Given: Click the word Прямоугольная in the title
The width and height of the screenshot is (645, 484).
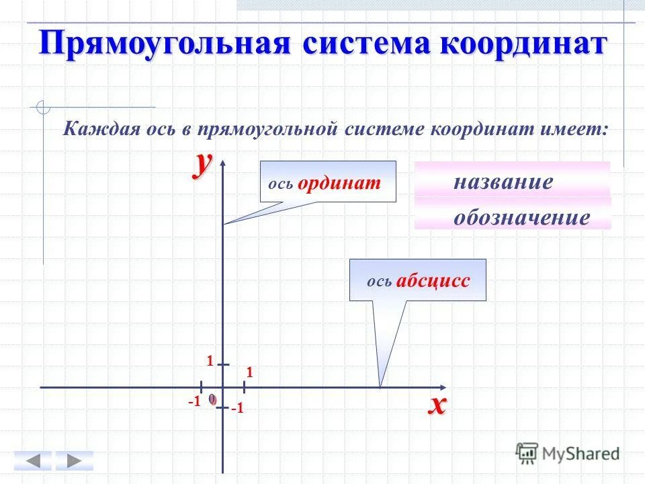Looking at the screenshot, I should click(164, 43).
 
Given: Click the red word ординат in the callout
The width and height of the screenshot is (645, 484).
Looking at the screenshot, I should click(339, 183).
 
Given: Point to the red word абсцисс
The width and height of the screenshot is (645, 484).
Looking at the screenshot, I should click(433, 280).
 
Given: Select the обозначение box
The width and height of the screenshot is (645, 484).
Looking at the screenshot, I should click(513, 216).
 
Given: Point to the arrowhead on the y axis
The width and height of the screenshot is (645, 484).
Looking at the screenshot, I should click(223, 165).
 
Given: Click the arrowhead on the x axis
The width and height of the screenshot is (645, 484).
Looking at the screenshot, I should click(441, 388).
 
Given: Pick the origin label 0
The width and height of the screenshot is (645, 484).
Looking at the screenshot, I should click(212, 399).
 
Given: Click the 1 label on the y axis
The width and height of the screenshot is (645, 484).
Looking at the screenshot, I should click(210, 362).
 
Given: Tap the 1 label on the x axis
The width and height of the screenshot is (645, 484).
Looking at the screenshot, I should click(249, 372).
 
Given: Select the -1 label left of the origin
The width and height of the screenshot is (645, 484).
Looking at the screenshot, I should click(194, 401).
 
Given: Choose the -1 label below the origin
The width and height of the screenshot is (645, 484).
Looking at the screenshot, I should click(237, 408).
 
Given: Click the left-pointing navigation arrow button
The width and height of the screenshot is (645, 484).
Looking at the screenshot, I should click(32, 460).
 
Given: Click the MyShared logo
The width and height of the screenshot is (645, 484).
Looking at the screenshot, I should click(568, 452).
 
